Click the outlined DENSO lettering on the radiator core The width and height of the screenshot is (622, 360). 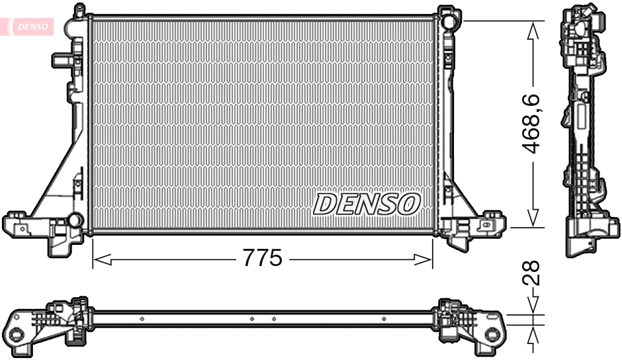coord(366,204)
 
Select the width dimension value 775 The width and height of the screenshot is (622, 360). coord(262,259)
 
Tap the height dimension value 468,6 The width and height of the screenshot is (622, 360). coord(534,124)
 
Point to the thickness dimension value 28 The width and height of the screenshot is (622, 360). coord(534,272)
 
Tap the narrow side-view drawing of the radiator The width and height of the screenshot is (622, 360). coord(584,132)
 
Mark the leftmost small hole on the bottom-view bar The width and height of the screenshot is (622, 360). coord(142,319)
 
